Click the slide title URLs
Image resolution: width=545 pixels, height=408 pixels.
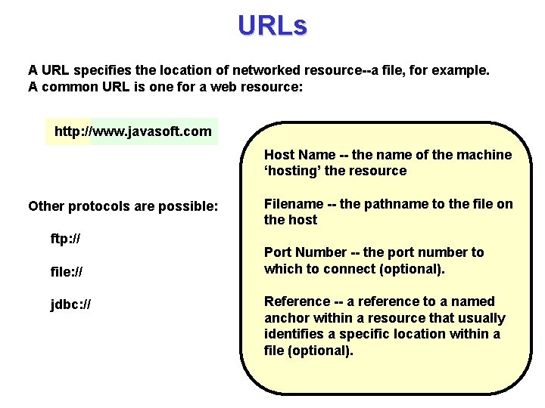[x=272, y=26]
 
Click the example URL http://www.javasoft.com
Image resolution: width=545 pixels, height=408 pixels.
[x=133, y=131]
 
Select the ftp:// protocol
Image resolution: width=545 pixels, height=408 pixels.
[x=66, y=239]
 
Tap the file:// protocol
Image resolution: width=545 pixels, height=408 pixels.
[x=67, y=270]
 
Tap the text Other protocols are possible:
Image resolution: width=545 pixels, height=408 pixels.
[x=123, y=206]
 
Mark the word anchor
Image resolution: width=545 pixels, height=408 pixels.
[x=286, y=318]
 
